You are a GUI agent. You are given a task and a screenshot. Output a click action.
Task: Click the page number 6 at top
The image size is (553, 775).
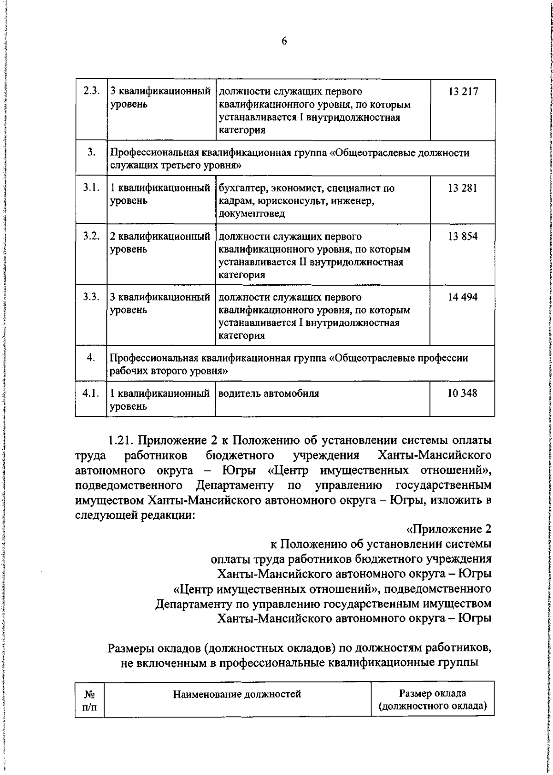284,41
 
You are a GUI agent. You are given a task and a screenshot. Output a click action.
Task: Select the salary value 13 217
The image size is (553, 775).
463,92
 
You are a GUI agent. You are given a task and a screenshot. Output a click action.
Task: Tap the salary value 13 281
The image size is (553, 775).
463,188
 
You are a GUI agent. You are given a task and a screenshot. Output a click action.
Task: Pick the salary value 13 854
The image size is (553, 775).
463,236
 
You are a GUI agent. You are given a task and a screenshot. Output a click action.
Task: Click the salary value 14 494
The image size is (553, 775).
463,297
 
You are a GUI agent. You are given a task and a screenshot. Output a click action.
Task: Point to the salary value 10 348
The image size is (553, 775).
463,393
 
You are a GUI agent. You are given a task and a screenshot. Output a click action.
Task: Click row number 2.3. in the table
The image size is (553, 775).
91,91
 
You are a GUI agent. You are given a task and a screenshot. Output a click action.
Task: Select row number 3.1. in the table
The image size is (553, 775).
91,188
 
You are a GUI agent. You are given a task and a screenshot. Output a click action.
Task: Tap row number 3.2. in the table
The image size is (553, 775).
91,236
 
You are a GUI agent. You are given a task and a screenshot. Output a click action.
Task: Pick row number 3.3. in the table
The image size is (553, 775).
91,297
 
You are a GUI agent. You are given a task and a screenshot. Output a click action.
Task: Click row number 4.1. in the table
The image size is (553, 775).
91,393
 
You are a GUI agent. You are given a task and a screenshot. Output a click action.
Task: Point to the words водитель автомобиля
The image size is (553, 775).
269,393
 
